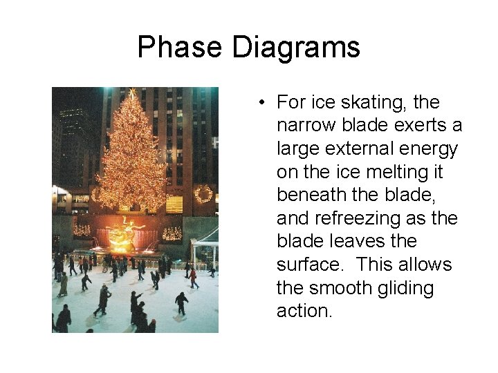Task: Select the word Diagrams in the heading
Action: pos(296,48)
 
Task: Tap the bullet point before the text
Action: pos(264,103)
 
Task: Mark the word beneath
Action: pos(311,195)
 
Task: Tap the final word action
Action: pos(304,312)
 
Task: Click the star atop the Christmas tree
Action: pos(132,92)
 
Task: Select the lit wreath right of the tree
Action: pos(203,193)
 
